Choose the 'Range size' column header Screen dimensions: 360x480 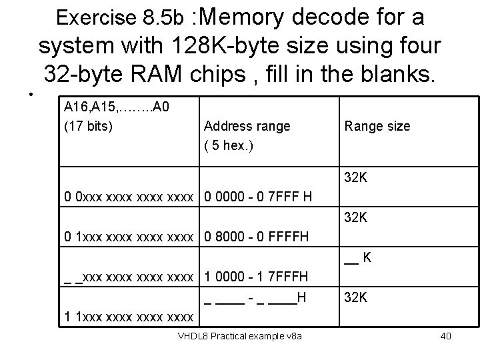pyautogui.click(x=377, y=126)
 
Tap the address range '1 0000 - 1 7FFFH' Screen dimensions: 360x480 pyautogui.click(x=255, y=276)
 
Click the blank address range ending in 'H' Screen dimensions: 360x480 pyautogui.click(x=255, y=298)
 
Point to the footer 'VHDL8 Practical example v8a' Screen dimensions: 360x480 pyautogui.click(x=239, y=336)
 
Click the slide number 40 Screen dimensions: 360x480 pyautogui.click(x=445, y=336)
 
